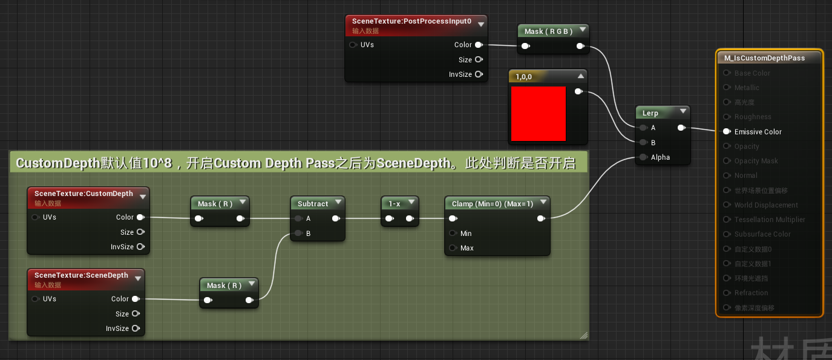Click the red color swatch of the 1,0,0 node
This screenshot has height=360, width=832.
(x=538, y=114)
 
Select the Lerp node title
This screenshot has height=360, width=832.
(x=650, y=113)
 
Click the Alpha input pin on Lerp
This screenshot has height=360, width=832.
(x=643, y=157)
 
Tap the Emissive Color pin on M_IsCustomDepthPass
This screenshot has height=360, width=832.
(x=726, y=131)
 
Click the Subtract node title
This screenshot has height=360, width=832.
(x=313, y=204)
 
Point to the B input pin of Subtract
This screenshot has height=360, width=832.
(x=298, y=234)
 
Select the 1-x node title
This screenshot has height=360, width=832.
(x=394, y=204)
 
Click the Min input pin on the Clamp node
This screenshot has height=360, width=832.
(x=453, y=234)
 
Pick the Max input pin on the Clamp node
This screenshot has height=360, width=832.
(x=453, y=248)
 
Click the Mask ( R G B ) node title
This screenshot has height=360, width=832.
(x=548, y=31)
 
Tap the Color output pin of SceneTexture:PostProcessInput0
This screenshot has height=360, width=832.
(x=479, y=45)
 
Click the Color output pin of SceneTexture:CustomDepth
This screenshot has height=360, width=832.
(x=140, y=217)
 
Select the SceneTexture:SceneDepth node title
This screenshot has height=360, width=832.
(x=81, y=275)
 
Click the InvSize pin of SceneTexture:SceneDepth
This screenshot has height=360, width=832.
(x=136, y=329)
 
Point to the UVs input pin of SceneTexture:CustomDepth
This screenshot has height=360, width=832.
(x=35, y=217)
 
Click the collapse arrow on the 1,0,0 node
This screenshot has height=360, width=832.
(x=581, y=76)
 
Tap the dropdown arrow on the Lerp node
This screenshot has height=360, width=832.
(x=683, y=111)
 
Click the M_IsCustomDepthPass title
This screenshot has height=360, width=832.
(x=764, y=58)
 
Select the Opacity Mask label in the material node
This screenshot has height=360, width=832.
(x=756, y=161)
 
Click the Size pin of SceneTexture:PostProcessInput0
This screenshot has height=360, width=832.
(x=479, y=60)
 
